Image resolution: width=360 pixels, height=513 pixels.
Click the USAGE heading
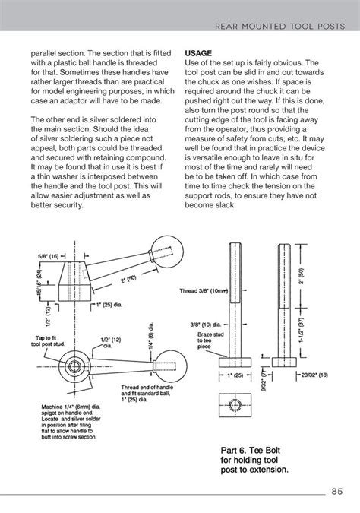tap(200, 54)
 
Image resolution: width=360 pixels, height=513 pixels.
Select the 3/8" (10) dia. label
tap(209, 323)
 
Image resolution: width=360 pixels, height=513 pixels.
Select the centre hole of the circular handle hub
tap(76, 367)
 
